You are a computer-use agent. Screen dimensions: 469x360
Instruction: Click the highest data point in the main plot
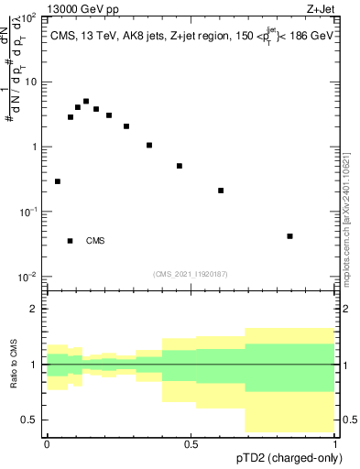[86, 102]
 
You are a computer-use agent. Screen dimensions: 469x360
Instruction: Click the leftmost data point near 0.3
[58, 181]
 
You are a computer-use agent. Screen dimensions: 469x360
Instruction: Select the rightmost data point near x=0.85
[289, 236]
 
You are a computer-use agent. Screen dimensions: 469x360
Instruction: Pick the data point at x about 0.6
[221, 191]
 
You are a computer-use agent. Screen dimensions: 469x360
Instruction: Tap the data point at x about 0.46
[180, 166]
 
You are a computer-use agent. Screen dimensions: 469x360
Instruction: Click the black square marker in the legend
[70, 241]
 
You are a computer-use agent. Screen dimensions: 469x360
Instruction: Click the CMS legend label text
[95, 242]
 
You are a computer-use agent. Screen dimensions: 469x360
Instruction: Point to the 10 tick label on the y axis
[29, 82]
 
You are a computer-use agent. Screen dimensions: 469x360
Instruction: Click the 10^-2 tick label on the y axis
[27, 277]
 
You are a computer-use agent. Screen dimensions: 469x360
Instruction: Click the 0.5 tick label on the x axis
[191, 443]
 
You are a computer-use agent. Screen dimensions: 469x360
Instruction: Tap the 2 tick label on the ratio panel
[34, 309]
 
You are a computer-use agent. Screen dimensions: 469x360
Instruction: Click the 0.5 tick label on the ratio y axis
[29, 420]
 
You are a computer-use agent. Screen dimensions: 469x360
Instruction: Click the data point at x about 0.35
[148, 145]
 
